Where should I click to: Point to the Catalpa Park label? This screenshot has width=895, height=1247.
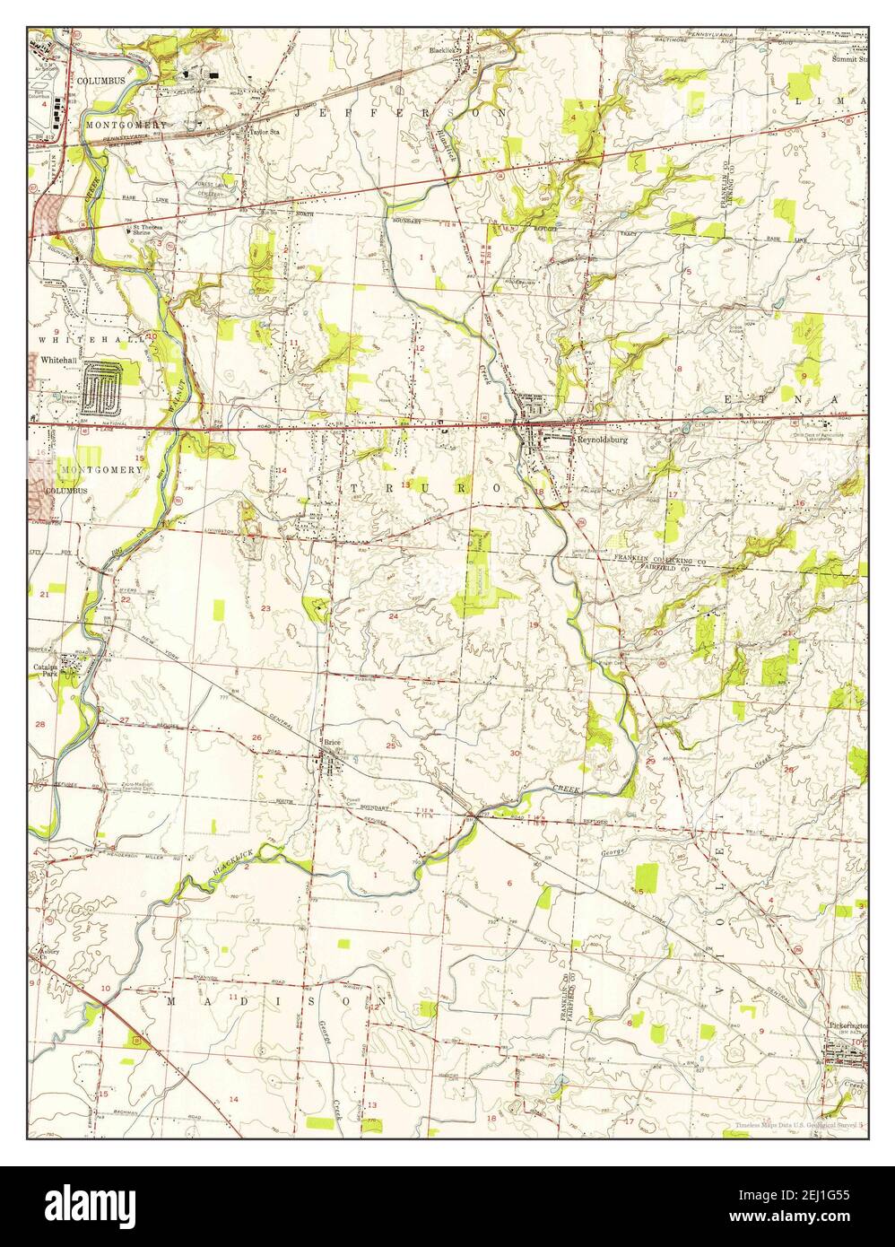pos(46,670)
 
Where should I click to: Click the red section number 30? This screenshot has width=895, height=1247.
pos(515,752)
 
